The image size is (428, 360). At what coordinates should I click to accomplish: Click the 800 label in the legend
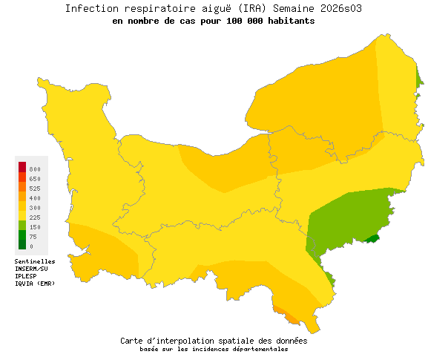36,170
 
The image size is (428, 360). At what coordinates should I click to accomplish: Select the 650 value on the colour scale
36,180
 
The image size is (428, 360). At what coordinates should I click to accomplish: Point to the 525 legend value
36,189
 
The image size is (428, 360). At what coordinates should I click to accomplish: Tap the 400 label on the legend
36,198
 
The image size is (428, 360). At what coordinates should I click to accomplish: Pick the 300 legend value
36,208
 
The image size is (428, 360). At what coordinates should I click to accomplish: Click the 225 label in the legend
36,217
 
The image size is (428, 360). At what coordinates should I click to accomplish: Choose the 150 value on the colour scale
36,227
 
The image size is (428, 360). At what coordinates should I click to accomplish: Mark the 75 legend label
33,237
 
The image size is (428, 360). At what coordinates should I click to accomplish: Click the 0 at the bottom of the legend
31,246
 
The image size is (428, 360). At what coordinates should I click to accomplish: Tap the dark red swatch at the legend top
22,166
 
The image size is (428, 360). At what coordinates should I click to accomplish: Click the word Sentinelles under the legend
35,262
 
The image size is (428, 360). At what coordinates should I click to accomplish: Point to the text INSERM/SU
33,269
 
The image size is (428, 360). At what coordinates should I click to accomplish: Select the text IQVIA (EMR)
35,284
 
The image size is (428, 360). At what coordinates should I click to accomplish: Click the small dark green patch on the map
371,238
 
